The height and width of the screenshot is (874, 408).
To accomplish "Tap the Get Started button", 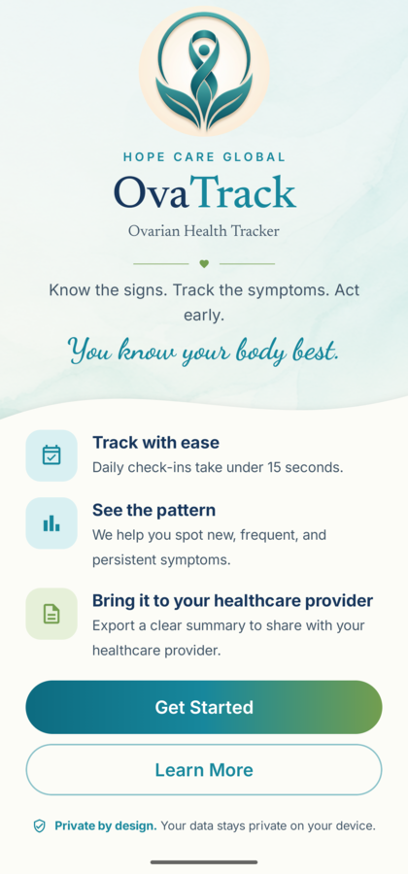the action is click(x=204, y=707).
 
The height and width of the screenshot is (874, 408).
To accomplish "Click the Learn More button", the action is click(x=204, y=770).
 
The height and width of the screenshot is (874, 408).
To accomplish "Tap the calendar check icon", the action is click(x=51, y=454).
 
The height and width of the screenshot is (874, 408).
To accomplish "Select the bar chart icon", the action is click(x=51, y=522).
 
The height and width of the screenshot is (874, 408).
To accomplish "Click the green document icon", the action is click(x=51, y=614).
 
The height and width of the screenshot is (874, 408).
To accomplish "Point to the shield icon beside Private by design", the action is click(x=39, y=826).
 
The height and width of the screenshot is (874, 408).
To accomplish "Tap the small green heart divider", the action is click(x=204, y=263).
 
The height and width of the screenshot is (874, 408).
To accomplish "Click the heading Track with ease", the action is click(x=155, y=443).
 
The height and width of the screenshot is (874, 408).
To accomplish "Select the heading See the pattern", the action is click(x=153, y=510).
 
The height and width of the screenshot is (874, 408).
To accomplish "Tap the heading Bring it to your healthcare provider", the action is click(x=232, y=601).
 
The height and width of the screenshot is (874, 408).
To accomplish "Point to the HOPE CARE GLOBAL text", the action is click(x=204, y=156).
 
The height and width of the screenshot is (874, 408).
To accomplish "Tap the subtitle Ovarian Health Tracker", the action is click(x=204, y=231).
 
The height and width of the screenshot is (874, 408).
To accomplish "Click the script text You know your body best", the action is click(x=204, y=350).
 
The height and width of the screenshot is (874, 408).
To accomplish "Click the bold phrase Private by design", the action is click(x=106, y=826).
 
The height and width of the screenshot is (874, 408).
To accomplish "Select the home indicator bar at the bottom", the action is click(x=204, y=862).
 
